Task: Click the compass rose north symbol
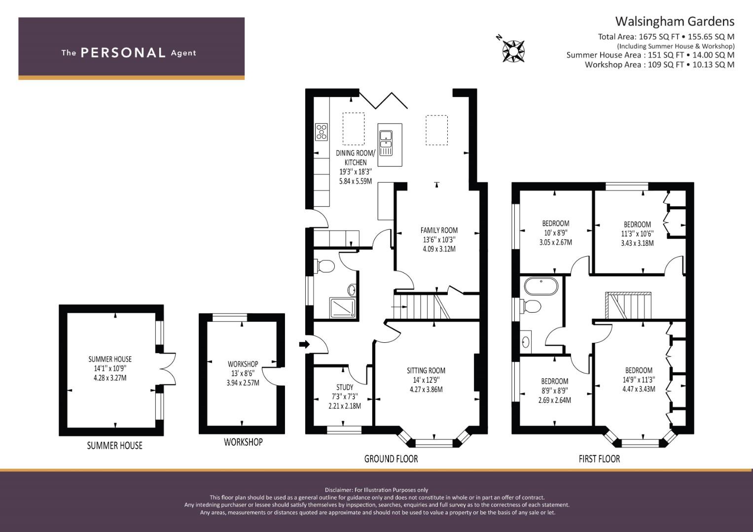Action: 513,51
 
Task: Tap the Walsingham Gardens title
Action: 675,22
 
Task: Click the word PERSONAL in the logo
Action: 123,53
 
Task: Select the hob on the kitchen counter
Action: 322,132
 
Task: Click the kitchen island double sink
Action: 386,143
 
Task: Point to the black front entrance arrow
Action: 305,344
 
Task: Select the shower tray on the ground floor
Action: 343,308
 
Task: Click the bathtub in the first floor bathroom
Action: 541,286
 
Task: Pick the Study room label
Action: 345,387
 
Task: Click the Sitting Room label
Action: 426,370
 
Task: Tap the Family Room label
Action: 439,230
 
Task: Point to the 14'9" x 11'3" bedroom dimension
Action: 639,379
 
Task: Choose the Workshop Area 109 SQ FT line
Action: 659,65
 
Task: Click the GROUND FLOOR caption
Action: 391,459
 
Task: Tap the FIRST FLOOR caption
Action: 599,459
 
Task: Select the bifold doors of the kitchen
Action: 384,99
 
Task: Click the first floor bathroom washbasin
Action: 525,342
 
